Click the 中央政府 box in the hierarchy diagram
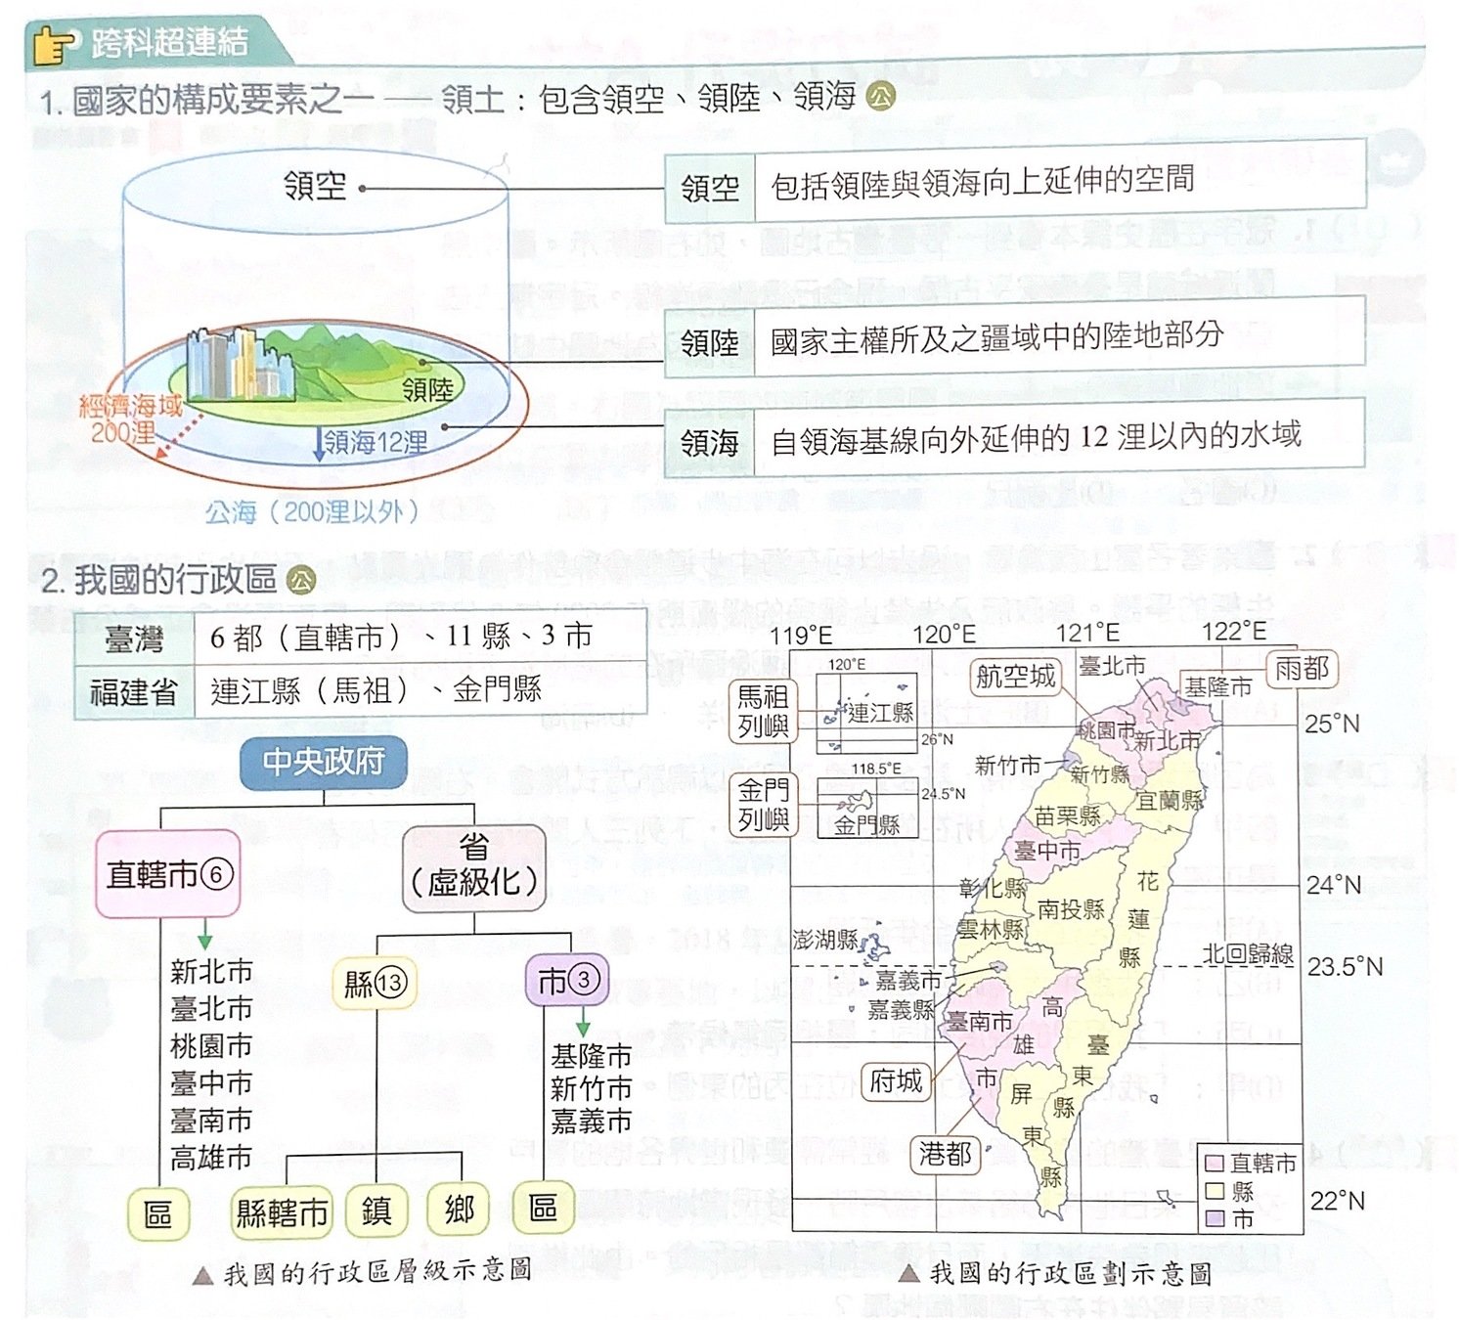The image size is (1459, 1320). point(323,762)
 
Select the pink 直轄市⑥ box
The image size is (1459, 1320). point(168,873)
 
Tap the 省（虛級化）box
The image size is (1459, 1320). point(474,866)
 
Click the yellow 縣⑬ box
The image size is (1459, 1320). point(375,983)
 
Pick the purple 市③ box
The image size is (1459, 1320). point(566,980)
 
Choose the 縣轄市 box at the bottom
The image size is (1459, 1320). point(282,1213)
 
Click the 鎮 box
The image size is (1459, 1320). point(376,1211)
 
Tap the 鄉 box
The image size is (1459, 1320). point(459,1211)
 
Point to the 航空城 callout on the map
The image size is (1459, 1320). point(1016,677)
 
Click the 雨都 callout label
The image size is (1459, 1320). point(1302,670)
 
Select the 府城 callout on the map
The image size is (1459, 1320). point(896,1081)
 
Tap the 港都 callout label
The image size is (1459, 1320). point(945,1155)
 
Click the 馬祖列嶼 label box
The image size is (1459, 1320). point(763,711)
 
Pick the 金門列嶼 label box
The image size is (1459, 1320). point(763,805)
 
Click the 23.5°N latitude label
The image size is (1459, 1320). point(1345,967)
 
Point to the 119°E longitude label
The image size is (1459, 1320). point(801,635)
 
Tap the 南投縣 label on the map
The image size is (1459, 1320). point(1070,909)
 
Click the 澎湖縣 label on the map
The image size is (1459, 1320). point(824,940)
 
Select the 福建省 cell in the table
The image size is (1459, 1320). point(134,692)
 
